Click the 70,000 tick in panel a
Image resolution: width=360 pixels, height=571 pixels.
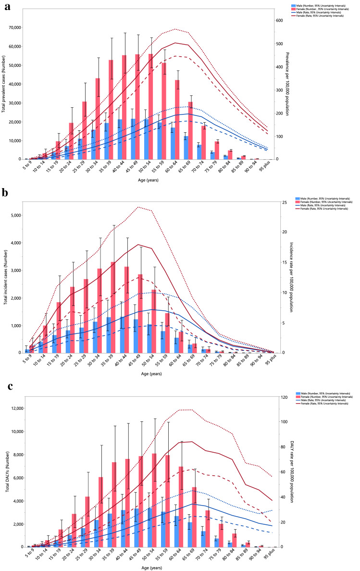coord(17,27)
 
